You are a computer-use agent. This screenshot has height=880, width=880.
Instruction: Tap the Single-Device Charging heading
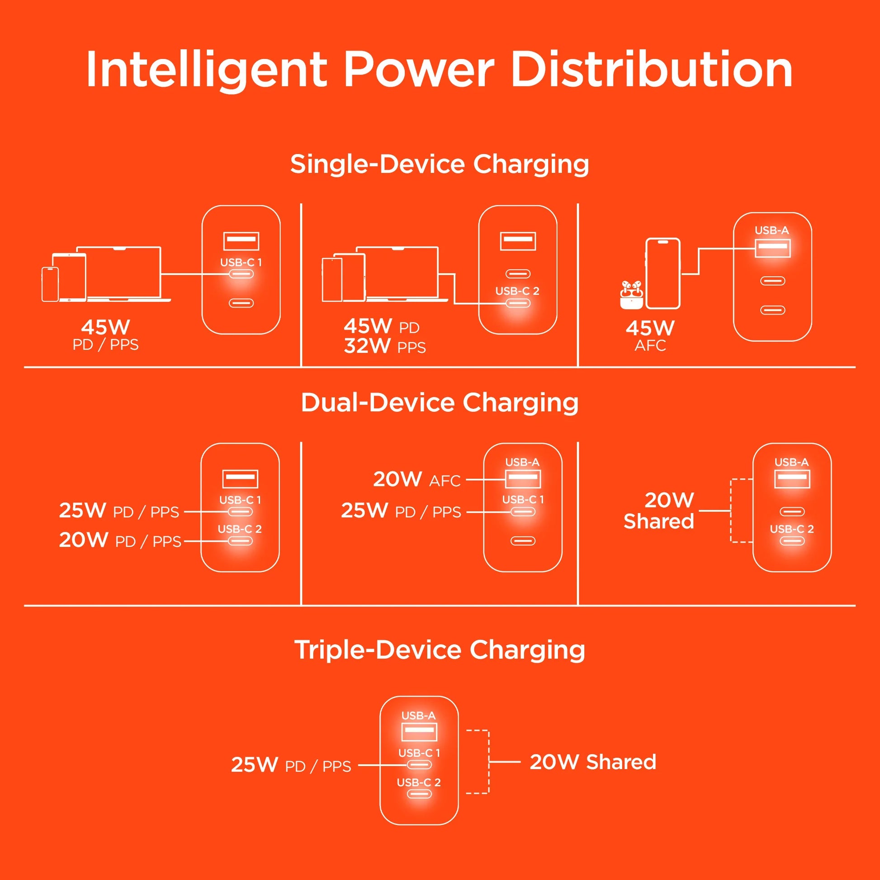440,164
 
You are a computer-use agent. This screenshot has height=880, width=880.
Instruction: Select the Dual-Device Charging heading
440,403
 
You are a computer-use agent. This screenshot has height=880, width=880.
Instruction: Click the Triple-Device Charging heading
440,650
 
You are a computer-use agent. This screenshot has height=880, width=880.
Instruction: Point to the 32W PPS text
384,347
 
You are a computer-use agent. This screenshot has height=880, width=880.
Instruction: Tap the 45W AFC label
650,336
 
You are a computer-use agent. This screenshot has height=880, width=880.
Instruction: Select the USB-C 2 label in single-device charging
517,291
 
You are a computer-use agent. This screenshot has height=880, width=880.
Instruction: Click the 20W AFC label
417,480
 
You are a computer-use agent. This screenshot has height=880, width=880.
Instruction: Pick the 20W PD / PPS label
120,541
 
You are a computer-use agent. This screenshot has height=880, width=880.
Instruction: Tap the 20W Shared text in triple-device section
592,762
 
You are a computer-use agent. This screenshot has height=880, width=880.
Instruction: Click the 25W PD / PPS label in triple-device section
291,765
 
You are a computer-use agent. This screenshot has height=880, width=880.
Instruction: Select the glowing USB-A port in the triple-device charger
419,731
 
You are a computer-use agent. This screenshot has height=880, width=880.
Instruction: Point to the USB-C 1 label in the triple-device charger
419,753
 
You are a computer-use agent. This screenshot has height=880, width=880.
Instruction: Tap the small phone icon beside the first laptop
50,284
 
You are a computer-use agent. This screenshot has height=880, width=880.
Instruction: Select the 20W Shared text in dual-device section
659,511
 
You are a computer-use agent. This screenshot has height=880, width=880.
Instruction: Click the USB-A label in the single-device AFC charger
771,231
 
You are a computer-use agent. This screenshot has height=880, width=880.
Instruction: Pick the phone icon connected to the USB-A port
663,273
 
